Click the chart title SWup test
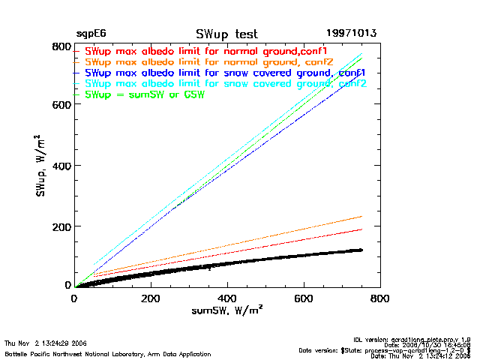point(226,34)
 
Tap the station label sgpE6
point(90,34)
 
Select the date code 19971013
point(351,34)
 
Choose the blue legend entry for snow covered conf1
point(225,73)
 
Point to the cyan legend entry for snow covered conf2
point(225,83)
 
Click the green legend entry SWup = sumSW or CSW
point(145,94)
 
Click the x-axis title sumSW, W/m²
point(226,310)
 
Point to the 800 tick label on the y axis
point(60,46)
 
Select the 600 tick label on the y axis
point(60,105)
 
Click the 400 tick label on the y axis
point(60,165)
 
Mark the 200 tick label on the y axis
point(60,226)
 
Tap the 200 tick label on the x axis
point(151,298)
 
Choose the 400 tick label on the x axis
point(227,298)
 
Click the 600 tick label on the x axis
point(304,298)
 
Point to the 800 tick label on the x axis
point(380,298)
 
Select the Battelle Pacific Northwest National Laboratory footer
point(108,353)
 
